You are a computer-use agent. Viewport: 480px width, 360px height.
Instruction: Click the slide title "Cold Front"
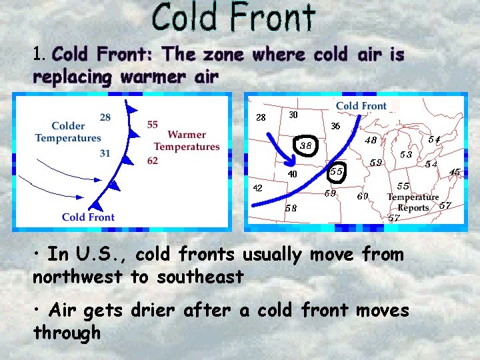pos(233,18)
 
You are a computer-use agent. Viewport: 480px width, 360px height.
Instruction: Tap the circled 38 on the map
pos(306,145)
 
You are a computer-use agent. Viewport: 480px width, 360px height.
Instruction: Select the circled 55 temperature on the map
pos(337,171)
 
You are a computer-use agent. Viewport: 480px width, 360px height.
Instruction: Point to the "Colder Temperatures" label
pos(68,132)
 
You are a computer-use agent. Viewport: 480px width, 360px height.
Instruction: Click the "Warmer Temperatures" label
pos(187,141)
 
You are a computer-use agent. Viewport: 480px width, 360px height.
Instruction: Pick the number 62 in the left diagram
pos(153,160)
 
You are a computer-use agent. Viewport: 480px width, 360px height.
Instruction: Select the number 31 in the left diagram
pos(105,153)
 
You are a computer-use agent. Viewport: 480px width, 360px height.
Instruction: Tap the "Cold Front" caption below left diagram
pos(88,217)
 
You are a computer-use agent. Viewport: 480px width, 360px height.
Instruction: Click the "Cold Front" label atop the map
pos(361,106)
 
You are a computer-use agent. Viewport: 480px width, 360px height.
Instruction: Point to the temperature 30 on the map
pos(293,115)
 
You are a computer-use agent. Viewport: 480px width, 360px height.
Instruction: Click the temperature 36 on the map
pos(335,126)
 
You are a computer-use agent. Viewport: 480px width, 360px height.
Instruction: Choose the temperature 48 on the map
pos(370,141)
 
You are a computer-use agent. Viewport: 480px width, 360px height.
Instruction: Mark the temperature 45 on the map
pos(455,172)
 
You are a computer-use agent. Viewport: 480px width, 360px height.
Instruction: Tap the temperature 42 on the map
pos(257,188)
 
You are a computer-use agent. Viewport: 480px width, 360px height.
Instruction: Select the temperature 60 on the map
pos(363,196)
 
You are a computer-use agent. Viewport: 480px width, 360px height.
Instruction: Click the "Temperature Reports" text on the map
pos(413,202)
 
